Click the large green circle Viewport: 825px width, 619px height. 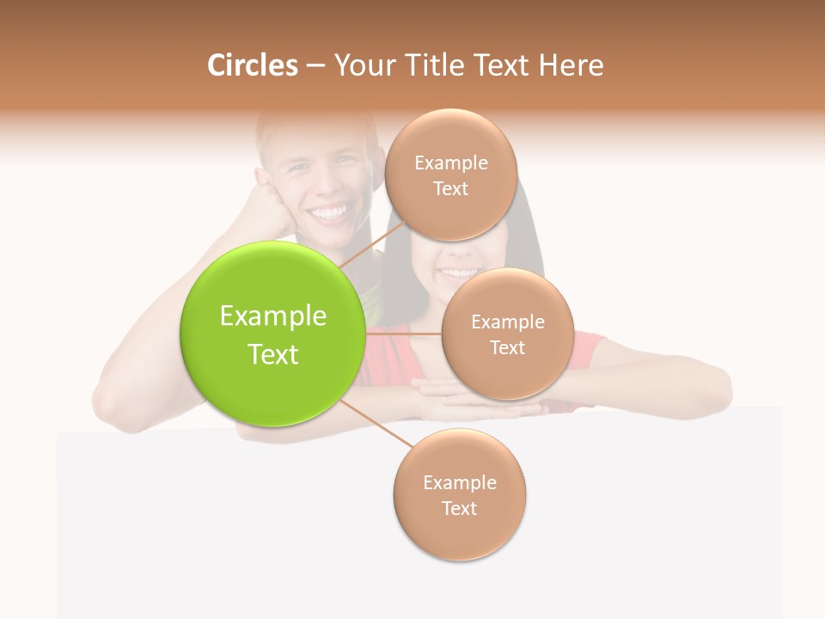click(x=272, y=334)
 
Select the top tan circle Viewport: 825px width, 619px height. click(x=450, y=175)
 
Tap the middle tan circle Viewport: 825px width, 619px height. click(x=507, y=334)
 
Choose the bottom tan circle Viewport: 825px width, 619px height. click(x=459, y=494)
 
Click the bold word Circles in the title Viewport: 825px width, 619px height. click(x=252, y=65)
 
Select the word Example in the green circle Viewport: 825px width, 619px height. click(x=273, y=316)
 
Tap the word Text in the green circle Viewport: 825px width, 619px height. click(x=273, y=354)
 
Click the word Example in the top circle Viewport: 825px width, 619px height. click(x=450, y=163)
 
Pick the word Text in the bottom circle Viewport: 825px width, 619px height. click(x=459, y=508)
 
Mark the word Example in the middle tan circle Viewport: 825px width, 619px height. click(x=507, y=322)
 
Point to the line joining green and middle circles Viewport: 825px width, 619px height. click(x=403, y=333)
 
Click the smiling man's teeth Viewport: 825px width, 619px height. click(x=332, y=211)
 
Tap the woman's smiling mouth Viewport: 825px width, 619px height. click(x=459, y=273)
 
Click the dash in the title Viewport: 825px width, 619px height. click(x=315, y=66)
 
